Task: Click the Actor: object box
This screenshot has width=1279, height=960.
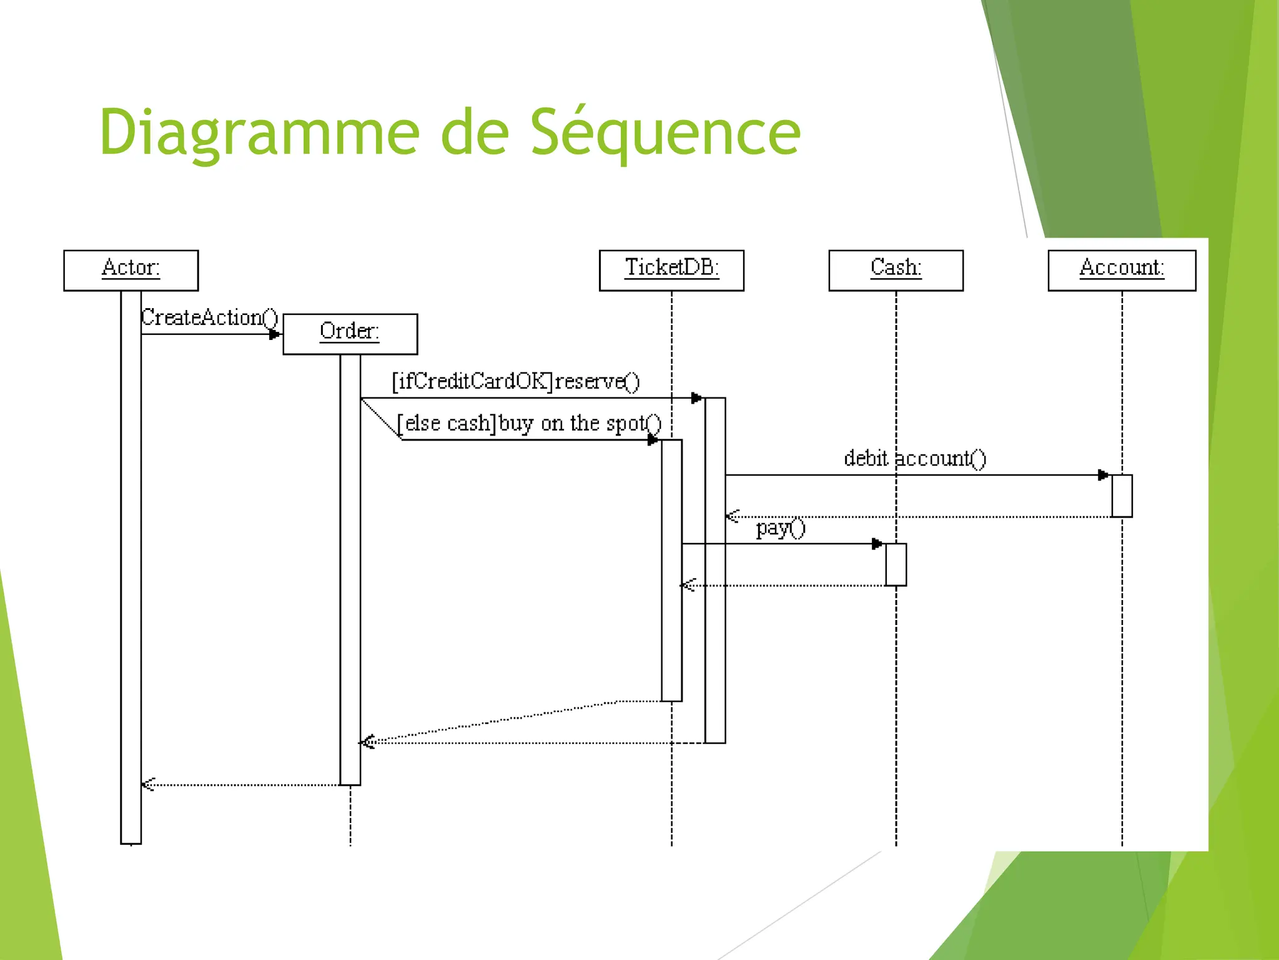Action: click(131, 270)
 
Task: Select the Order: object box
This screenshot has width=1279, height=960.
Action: click(350, 334)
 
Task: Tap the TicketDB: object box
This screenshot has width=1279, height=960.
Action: click(671, 270)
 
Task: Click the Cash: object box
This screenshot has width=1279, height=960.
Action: click(896, 270)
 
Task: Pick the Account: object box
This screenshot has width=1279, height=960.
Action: click(1122, 270)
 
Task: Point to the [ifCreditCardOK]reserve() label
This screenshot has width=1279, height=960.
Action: click(515, 381)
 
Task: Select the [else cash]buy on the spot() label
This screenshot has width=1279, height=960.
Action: click(529, 424)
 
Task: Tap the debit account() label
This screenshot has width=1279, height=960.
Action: click(915, 459)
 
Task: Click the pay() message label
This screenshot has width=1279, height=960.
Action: click(781, 529)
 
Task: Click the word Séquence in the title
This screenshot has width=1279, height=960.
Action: click(665, 132)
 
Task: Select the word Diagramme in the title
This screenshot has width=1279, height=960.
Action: click(259, 132)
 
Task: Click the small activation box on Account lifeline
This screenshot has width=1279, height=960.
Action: click(1122, 496)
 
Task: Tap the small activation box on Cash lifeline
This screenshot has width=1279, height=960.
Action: click(896, 564)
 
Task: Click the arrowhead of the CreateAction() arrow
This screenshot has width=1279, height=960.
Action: click(275, 334)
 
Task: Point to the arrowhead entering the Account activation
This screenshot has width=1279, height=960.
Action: click(1104, 475)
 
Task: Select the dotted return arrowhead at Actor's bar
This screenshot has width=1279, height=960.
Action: click(148, 784)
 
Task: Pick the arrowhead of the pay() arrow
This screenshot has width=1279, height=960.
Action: click(877, 544)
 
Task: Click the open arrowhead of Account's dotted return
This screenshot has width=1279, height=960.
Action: click(733, 516)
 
